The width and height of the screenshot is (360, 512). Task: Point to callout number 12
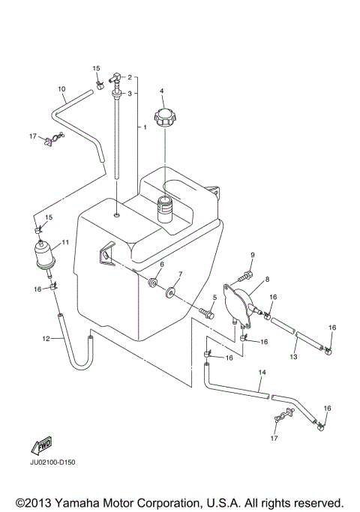point(46,339)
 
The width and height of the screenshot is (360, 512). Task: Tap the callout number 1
point(143,128)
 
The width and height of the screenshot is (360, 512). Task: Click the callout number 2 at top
point(130,77)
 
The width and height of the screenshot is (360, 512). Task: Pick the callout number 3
point(130,94)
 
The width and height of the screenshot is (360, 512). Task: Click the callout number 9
point(253,256)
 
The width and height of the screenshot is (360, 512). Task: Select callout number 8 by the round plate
point(267,279)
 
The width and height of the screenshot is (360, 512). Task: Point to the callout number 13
point(294,358)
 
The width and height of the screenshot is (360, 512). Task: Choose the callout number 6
point(161,265)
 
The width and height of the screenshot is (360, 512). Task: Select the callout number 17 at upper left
point(32,136)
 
